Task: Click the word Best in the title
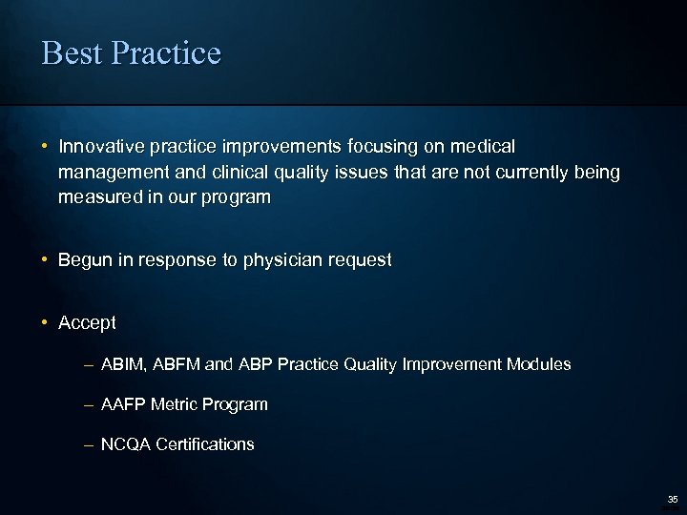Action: click(x=73, y=52)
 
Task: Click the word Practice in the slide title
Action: click(x=165, y=52)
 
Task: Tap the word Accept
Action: click(x=87, y=323)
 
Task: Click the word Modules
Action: click(x=539, y=364)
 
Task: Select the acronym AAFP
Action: click(x=123, y=404)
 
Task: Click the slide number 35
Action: click(x=672, y=499)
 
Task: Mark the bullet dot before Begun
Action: click(x=45, y=259)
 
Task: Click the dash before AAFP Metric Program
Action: click(x=88, y=404)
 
